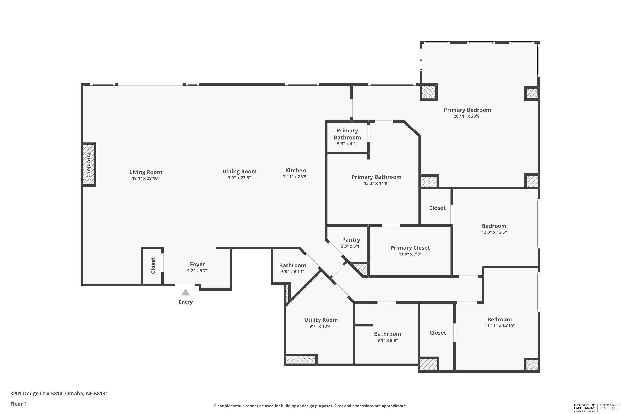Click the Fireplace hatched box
tap(89, 165)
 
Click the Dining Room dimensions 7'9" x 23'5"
tap(239, 178)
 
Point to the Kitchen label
tap(295, 170)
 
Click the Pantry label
tap(351, 240)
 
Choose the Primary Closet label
tap(410, 248)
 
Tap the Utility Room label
tap(321, 320)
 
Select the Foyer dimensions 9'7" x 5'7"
tap(197, 271)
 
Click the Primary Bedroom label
tap(467, 110)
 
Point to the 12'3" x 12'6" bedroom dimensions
tap(494, 232)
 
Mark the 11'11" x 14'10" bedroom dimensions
tap(499, 326)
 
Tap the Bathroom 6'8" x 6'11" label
tap(292, 265)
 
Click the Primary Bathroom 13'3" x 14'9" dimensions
tap(376, 183)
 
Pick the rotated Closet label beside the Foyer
tap(153, 266)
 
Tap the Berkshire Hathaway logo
tap(585, 407)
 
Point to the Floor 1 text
tap(18, 404)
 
